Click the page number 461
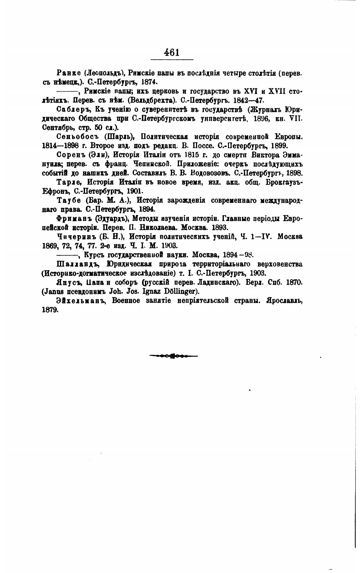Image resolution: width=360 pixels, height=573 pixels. [x=172, y=52]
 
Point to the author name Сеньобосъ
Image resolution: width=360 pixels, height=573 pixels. [x=75, y=137]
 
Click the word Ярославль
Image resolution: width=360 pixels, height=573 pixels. [x=284, y=301]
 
